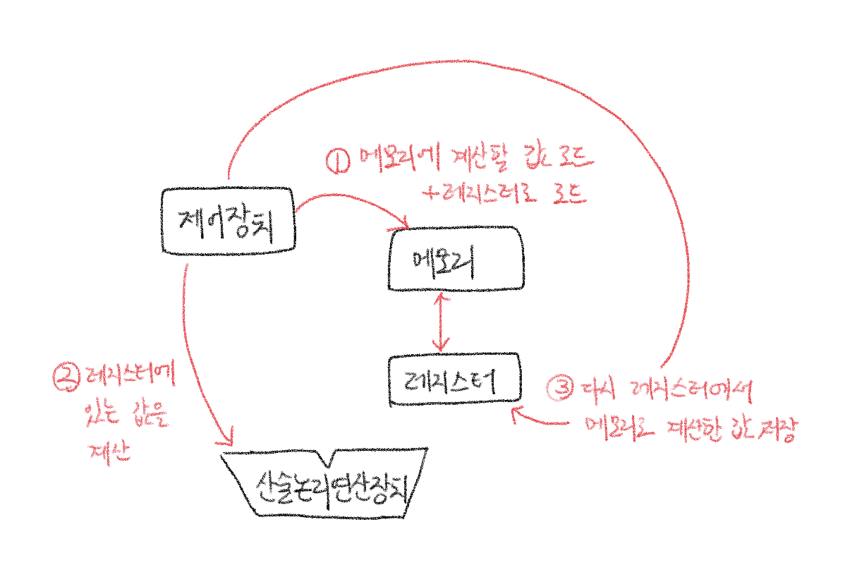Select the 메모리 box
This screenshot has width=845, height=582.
pyautogui.click(x=456, y=258)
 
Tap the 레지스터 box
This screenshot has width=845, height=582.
pyautogui.click(x=456, y=379)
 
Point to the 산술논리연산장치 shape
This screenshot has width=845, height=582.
pyautogui.click(x=324, y=484)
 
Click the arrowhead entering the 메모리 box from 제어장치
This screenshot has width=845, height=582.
pyautogui.click(x=405, y=224)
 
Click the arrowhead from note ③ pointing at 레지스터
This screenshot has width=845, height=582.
pyautogui.click(x=518, y=414)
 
